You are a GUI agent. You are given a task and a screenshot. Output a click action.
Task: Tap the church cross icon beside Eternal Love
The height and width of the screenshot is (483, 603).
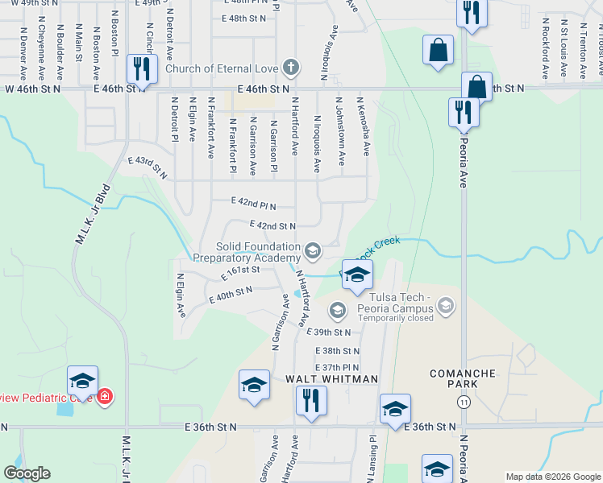pyautogui.click(x=291, y=68)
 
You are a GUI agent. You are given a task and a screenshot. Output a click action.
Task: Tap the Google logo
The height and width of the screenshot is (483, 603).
pyautogui.click(x=27, y=473)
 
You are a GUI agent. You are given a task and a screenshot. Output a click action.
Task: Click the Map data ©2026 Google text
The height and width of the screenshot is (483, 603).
pyautogui.click(x=553, y=477)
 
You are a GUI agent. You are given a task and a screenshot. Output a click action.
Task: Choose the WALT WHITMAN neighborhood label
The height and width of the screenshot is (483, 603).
pyautogui.click(x=331, y=378)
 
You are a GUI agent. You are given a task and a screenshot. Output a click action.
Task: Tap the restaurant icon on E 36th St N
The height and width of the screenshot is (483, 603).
pyautogui.click(x=310, y=400)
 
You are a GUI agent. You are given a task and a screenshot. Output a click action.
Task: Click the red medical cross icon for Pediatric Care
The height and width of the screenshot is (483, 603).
pyautogui.click(x=104, y=396)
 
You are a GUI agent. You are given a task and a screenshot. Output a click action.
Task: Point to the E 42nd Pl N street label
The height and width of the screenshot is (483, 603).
pyautogui.click(x=253, y=204)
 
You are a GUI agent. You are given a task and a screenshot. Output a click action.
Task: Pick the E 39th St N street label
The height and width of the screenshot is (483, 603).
pyautogui.click(x=330, y=332)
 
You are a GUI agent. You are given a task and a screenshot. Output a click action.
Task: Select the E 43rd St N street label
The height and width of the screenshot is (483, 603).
pyautogui.click(x=152, y=168)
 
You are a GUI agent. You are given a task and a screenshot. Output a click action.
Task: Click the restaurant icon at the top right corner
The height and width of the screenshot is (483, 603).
pyautogui.click(x=472, y=13)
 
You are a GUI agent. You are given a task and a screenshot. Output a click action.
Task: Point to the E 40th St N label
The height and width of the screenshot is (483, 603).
pyautogui.click(x=230, y=295)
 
